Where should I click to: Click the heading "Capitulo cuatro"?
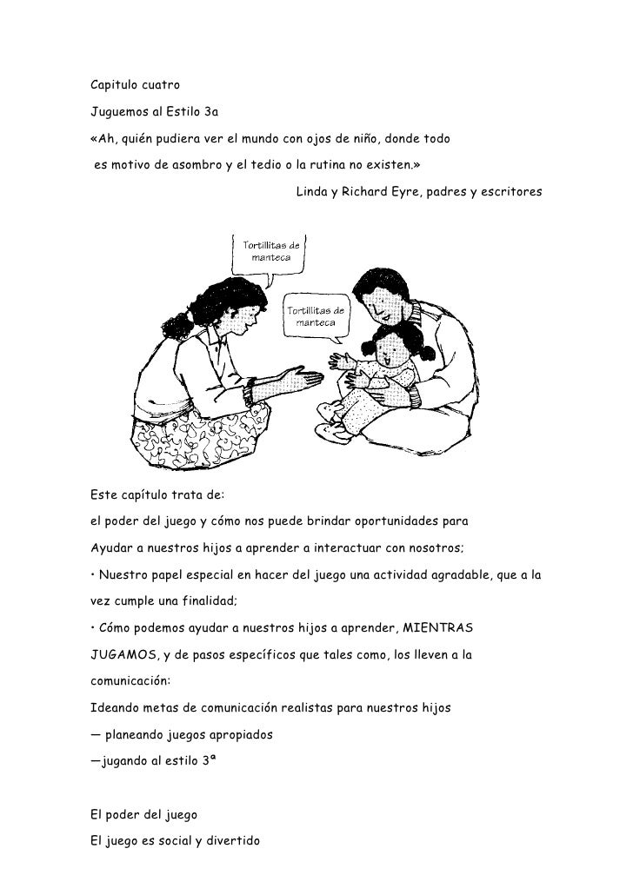pos(134,85)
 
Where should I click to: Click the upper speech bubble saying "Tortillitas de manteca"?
pos(270,251)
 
